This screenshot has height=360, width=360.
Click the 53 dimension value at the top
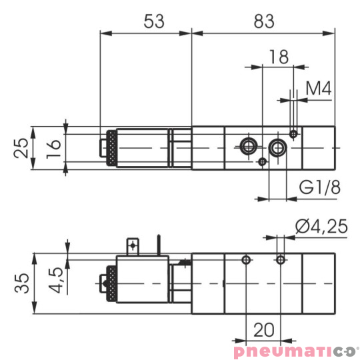[x=154, y=21]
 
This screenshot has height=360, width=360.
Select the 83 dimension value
[x=263, y=21]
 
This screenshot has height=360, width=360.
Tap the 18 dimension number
[x=279, y=57]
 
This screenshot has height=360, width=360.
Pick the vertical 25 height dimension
[x=22, y=147]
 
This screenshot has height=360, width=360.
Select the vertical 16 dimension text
[x=55, y=147]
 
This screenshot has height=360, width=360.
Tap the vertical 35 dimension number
[x=22, y=283]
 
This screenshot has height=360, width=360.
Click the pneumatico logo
[x=295, y=350]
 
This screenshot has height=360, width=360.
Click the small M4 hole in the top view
[x=293, y=134]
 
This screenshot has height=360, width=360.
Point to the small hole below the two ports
[x=263, y=161]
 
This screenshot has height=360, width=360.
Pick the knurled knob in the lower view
[x=109, y=283]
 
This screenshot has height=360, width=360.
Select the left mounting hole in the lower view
[x=247, y=259]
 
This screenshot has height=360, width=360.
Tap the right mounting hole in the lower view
[x=281, y=259]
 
